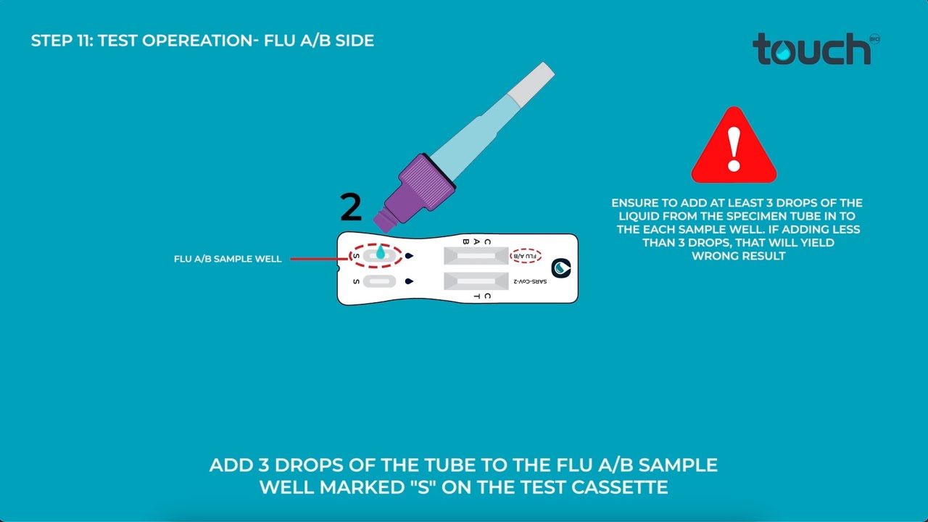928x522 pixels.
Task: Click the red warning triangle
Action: [734, 147]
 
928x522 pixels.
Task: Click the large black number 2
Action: [351, 208]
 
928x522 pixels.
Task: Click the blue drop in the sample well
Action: [380, 253]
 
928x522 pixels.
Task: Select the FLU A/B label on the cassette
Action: [526, 256]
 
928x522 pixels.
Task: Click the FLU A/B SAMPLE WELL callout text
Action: [228, 259]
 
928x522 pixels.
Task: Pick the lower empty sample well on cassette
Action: [379, 281]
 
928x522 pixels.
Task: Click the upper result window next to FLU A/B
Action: [476, 256]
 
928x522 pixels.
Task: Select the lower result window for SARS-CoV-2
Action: [476, 281]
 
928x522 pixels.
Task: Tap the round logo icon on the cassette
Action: [560, 268]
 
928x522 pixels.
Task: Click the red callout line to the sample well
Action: [319, 258]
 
